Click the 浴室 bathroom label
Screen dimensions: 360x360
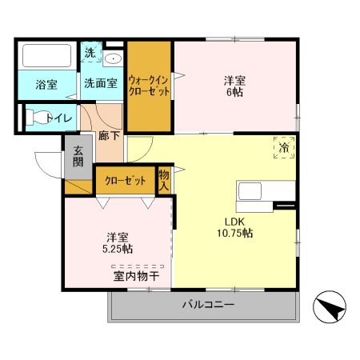point(46,84)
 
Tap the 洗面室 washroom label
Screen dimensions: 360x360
point(101,83)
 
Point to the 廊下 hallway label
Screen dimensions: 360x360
point(109,135)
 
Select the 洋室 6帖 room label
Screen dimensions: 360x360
point(234,86)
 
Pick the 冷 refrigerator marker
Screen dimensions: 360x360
point(284,147)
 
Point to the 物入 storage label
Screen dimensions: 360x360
point(163,179)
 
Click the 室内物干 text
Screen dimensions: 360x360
point(136,277)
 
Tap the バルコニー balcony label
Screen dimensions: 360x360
point(207,306)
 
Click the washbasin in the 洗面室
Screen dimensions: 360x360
point(113,58)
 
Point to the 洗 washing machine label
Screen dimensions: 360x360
point(90,53)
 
